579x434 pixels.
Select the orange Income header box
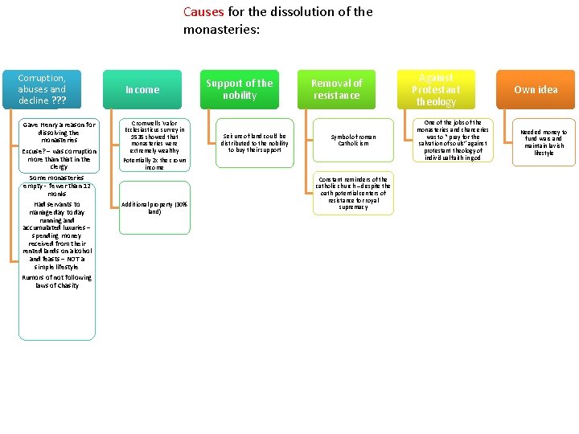142,90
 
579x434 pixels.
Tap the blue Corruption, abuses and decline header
42,89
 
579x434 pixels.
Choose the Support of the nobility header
240,89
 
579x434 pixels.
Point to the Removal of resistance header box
337,89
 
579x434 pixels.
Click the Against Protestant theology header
436,89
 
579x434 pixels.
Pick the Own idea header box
536,90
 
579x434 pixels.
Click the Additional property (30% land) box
154,208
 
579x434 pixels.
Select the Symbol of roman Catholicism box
353,140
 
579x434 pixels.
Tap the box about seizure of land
253,143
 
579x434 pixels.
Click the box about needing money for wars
544,142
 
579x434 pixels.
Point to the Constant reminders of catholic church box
353,194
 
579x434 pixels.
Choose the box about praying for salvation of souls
453,141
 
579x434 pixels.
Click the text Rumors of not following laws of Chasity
57,281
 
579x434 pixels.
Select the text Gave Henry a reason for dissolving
59,133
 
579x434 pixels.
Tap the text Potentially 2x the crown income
154,164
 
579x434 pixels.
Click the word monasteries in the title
221,30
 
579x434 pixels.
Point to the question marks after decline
60,101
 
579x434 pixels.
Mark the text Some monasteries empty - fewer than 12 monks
57,186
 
